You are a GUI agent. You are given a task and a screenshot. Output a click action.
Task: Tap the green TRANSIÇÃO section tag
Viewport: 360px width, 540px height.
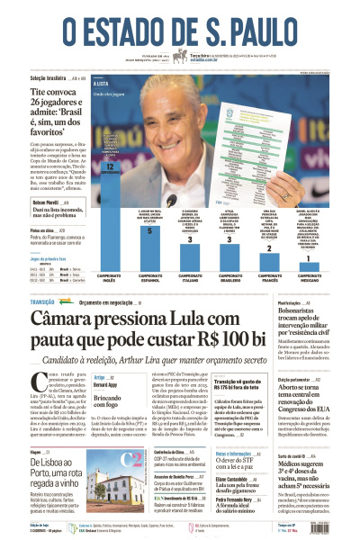click(x=43, y=302)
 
